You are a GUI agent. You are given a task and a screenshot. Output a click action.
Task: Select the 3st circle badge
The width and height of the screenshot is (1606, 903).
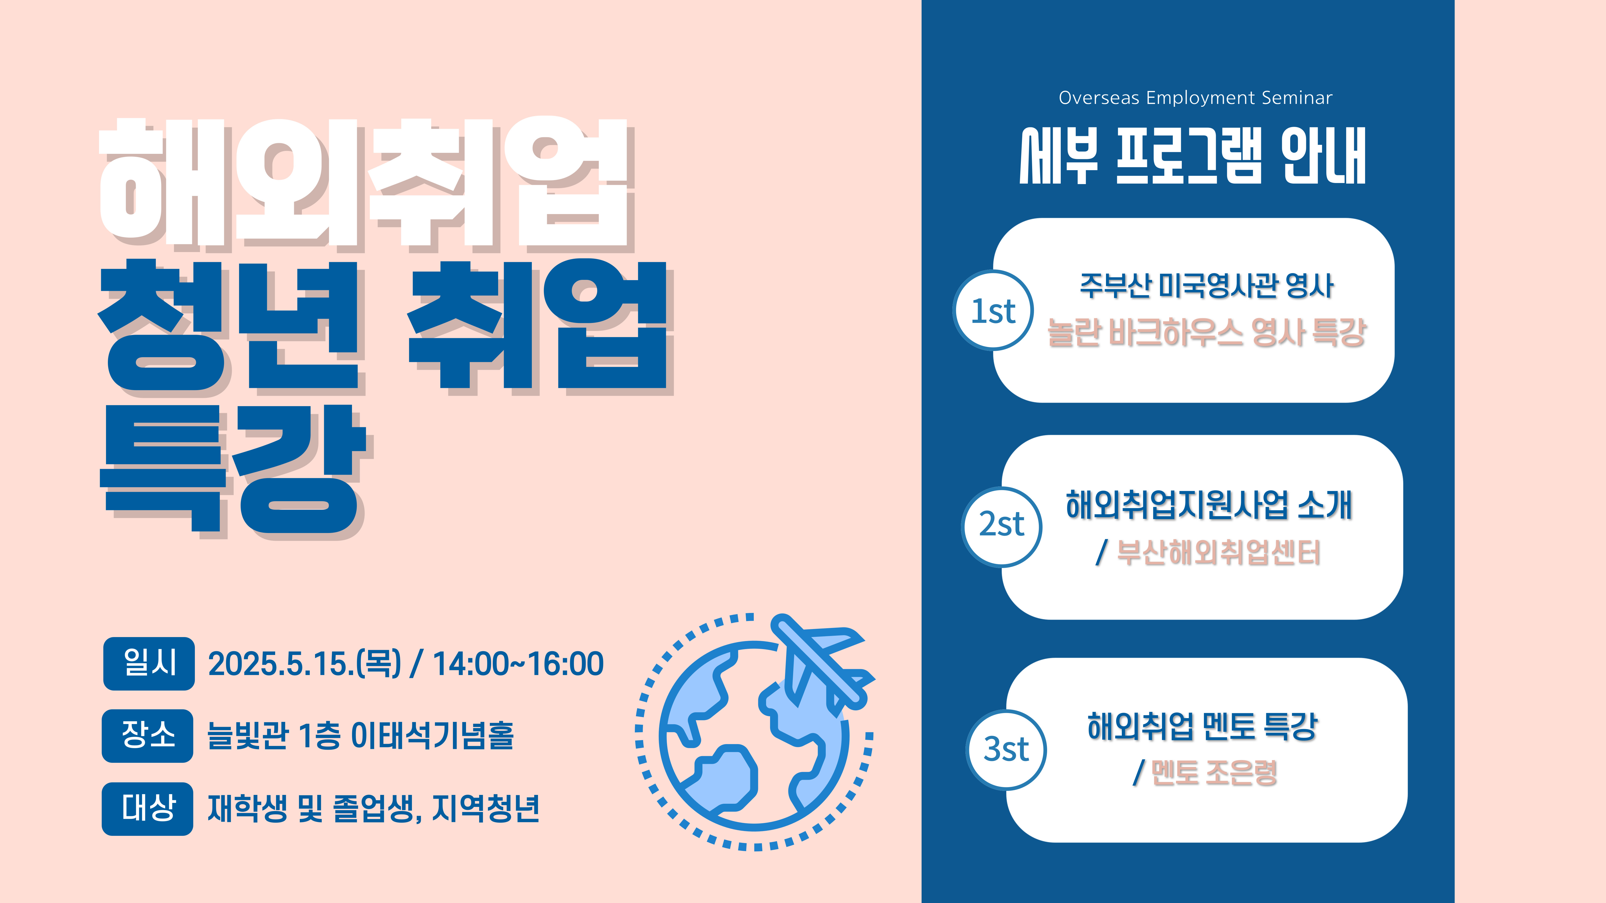click(1006, 750)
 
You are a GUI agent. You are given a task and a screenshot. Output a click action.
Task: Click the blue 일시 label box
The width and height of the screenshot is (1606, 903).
click(149, 663)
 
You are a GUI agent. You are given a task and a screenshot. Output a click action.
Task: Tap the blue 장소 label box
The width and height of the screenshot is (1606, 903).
click(148, 735)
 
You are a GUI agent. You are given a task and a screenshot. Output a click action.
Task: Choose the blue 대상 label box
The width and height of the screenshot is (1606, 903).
click(148, 808)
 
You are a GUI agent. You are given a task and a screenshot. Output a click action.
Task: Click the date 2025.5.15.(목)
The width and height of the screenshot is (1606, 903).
click(304, 664)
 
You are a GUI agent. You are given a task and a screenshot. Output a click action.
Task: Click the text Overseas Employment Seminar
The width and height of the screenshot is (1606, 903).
click(1195, 98)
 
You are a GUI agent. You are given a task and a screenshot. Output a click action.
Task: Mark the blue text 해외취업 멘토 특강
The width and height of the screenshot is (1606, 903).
click(1202, 726)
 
